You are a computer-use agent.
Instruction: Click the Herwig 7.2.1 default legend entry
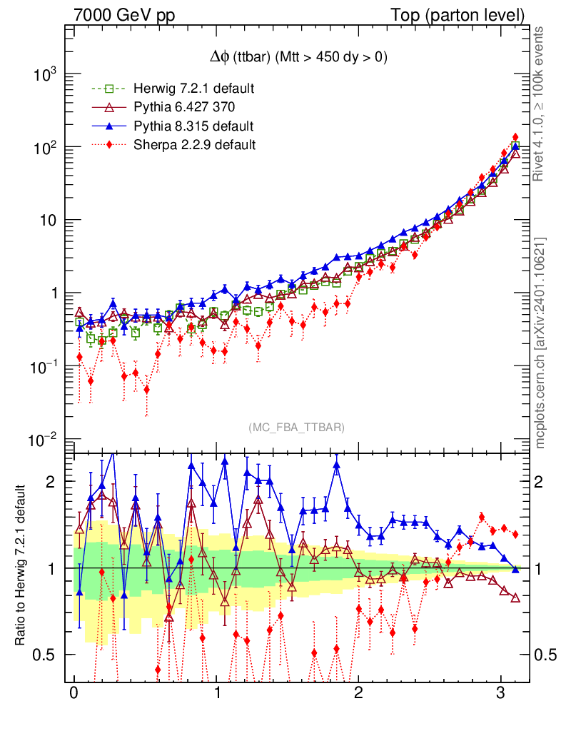click(x=193, y=89)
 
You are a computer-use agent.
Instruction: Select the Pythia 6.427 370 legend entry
click(x=184, y=108)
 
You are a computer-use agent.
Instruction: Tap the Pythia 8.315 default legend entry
click(x=193, y=126)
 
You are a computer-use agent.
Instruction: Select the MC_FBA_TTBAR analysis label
click(x=297, y=428)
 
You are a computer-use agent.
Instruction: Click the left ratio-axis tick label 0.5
click(x=48, y=655)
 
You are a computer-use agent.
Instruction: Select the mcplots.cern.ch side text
click(x=541, y=343)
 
